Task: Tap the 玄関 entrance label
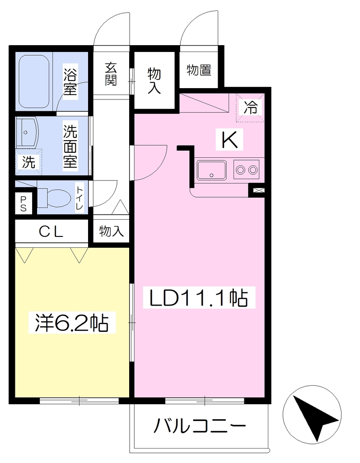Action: pos(111,74)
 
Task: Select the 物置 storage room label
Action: pos(199,70)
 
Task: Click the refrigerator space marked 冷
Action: pos(250,107)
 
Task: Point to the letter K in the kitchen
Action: pos(230,139)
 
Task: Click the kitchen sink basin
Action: pos(211,170)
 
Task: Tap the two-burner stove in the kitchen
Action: pos(246,170)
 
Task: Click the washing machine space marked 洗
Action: pos(29,161)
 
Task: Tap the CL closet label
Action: pos(51,232)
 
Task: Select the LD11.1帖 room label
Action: pos(199,298)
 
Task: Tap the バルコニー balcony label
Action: pos(200,425)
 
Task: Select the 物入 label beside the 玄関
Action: pos(154,80)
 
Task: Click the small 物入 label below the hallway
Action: pos(111,231)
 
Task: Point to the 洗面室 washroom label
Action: pos(70,146)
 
